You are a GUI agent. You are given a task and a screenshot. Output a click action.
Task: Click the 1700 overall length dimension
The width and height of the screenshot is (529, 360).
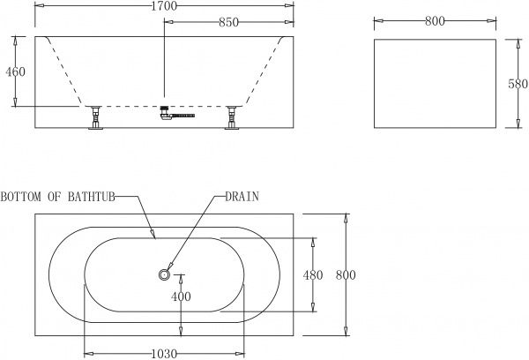click(163, 7)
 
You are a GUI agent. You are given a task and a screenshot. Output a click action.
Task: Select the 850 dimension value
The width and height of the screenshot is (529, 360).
click(228, 23)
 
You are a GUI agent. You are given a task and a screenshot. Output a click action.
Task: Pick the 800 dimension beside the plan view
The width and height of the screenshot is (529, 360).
click(345, 275)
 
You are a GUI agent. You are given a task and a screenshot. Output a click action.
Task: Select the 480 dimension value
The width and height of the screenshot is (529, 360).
click(313, 275)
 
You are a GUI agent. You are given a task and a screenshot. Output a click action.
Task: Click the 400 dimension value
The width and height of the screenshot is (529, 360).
click(180, 296)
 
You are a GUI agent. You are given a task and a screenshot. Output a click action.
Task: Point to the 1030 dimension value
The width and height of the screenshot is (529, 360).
click(164, 353)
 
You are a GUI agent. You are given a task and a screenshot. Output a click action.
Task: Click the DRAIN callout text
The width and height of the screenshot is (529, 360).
click(242, 196)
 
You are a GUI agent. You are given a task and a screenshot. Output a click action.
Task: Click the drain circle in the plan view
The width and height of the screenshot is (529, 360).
click(164, 275)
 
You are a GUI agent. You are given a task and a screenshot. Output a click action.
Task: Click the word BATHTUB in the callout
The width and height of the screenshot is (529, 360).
click(92, 196)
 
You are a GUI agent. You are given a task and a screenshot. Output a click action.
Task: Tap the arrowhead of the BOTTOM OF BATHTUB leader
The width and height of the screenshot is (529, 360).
click(155, 236)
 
